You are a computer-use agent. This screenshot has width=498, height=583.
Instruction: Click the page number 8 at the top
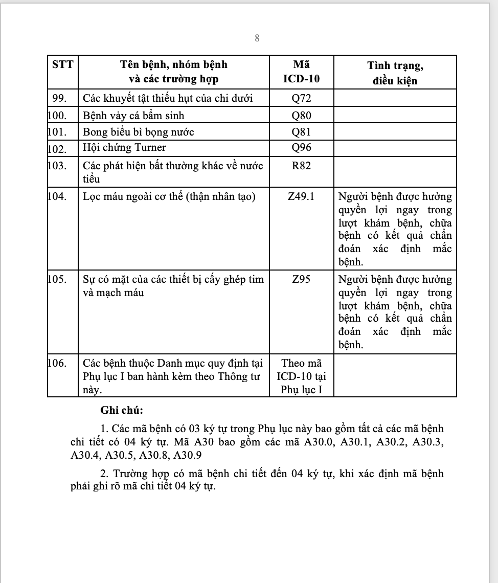click(257, 38)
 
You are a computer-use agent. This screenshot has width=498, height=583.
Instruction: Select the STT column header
click(63, 65)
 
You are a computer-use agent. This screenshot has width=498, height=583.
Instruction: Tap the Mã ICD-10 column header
click(301, 72)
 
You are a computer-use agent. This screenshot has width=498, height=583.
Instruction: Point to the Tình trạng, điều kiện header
click(395, 73)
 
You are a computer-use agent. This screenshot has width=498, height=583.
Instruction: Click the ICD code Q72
click(301, 98)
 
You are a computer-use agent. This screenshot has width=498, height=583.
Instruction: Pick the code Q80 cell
click(301, 115)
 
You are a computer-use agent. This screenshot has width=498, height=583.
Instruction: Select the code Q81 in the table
click(301, 132)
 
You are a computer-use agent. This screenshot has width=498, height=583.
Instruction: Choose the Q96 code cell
click(301, 148)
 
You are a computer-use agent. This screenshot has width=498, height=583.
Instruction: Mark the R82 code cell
click(301, 166)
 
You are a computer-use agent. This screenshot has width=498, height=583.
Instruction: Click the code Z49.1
click(301, 196)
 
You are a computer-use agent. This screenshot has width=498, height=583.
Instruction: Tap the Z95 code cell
click(301, 280)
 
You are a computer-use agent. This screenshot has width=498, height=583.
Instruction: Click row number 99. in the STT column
click(60, 98)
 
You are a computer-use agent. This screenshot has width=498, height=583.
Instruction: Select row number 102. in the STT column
click(57, 149)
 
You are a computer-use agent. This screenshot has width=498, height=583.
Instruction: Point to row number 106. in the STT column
click(57, 363)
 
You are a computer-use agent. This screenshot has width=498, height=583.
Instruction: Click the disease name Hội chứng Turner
click(124, 148)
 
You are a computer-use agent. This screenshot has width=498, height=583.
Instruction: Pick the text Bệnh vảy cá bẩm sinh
click(133, 115)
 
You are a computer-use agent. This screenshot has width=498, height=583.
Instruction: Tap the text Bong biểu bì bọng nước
click(139, 132)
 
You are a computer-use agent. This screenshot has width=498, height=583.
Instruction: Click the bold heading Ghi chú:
click(122, 410)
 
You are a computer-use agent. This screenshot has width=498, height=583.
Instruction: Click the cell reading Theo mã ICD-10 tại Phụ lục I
click(301, 376)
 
